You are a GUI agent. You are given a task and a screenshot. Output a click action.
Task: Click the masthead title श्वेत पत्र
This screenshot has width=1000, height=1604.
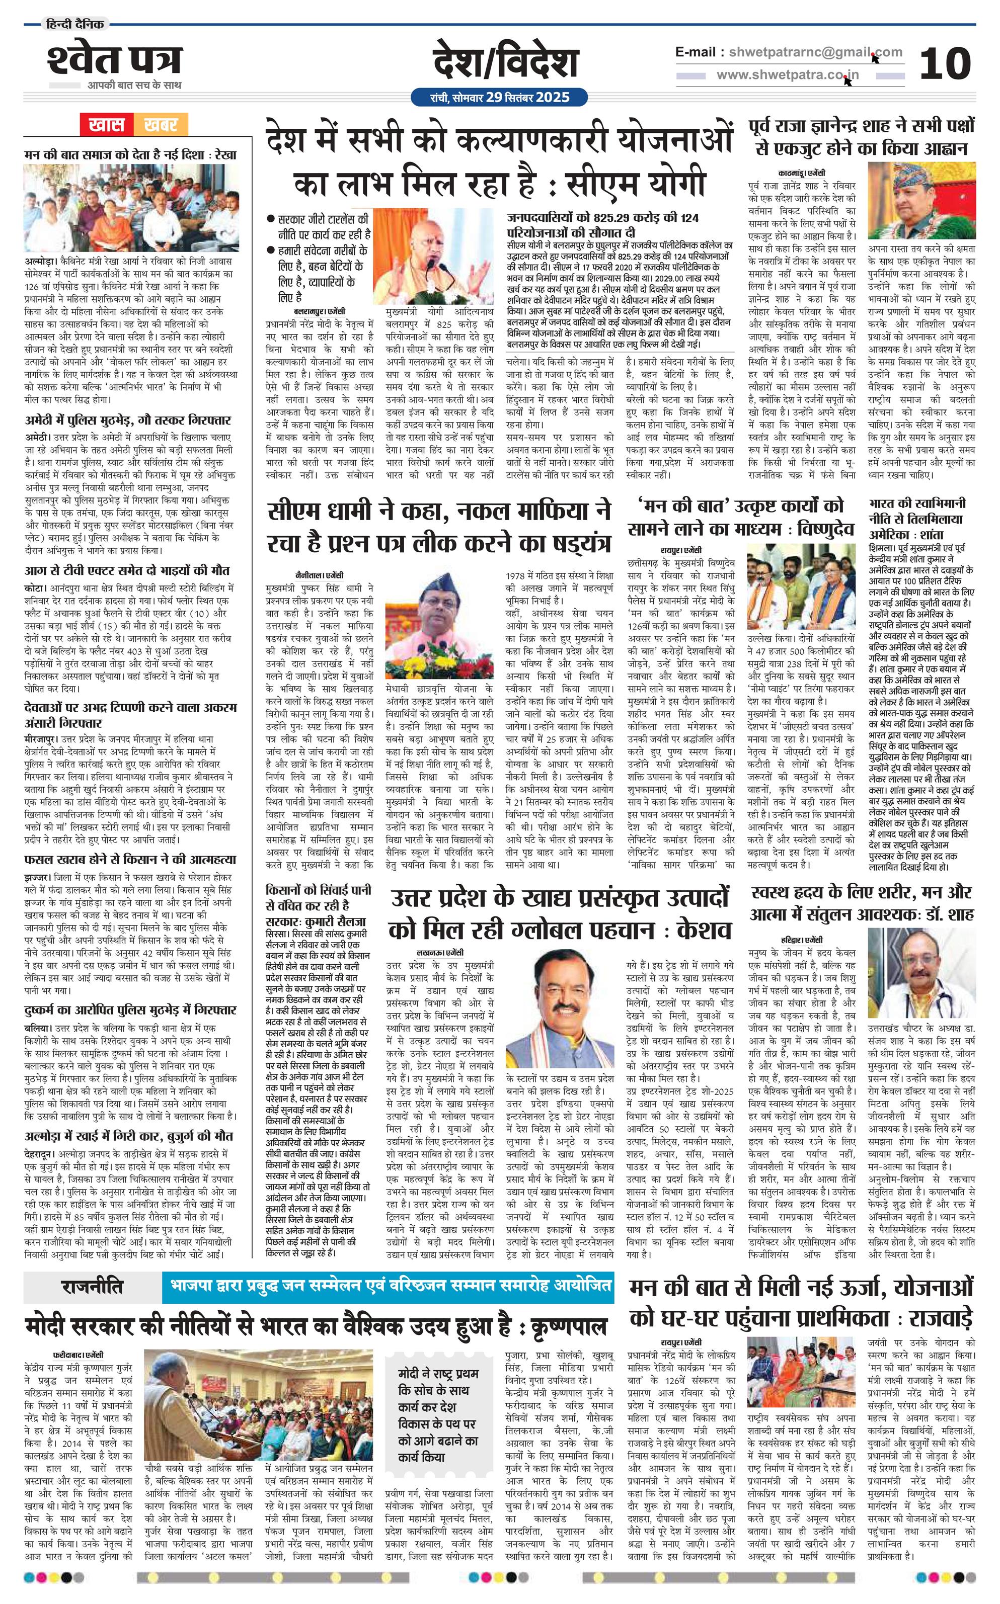click(x=114, y=61)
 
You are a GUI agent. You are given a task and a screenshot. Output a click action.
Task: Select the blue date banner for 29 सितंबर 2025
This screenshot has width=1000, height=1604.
click(x=499, y=98)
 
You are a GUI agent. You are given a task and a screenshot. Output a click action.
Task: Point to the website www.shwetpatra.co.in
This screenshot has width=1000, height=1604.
click(x=787, y=74)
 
